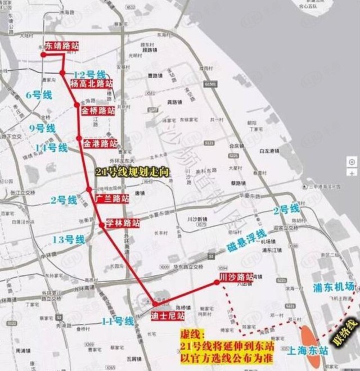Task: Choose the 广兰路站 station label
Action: [111, 198]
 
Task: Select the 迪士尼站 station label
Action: [168, 315]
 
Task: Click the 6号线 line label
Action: [39, 95]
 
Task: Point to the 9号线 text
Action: [43, 128]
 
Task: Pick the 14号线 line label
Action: [51, 148]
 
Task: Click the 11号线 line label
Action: [118, 321]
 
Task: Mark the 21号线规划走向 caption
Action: [133, 173]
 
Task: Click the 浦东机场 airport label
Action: [334, 287]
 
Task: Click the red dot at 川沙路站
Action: [217, 282]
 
